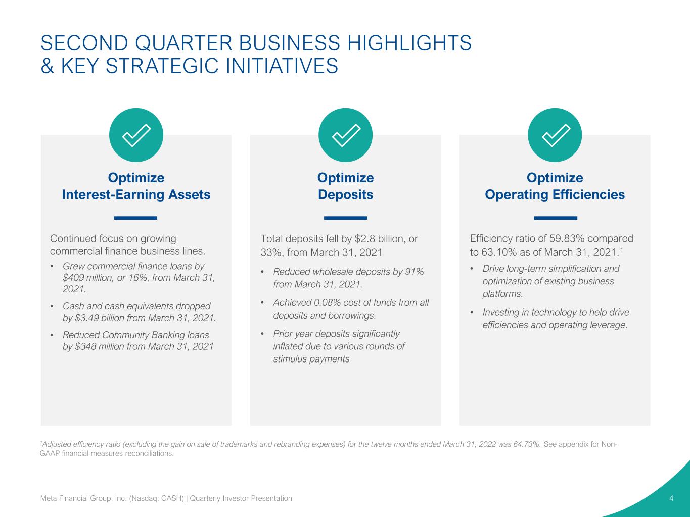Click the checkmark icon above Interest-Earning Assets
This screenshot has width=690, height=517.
pos(136,135)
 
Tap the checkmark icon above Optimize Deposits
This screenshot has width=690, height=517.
pos(345,135)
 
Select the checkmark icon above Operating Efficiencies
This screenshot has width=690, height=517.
pos(555,135)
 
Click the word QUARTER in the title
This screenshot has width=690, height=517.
pos(183,43)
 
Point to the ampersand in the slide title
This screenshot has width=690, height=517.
pos(47,66)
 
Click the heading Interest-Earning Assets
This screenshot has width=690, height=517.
pos(136,194)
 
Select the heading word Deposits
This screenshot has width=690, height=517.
pos(345,194)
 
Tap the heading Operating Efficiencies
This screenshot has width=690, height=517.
pos(555,194)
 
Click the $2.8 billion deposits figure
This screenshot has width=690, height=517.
pos(380,239)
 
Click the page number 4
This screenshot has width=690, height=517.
pos(671,498)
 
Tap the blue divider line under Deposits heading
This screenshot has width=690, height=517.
pos(345,218)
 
